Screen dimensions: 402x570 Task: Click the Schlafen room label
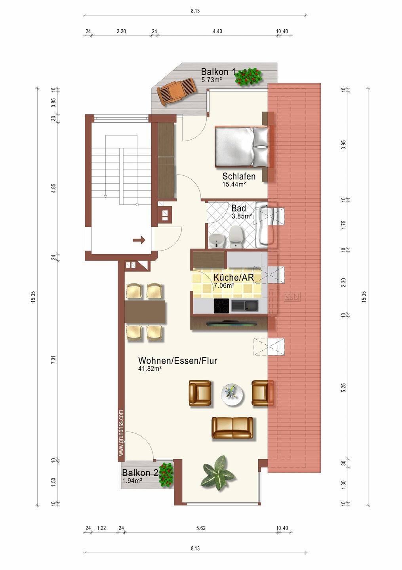point(239,176)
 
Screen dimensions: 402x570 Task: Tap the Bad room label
point(238,208)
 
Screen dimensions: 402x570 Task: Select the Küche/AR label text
point(233,277)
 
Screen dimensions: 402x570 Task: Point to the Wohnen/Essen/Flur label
point(178,361)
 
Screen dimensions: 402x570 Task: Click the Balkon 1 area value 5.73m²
point(211,80)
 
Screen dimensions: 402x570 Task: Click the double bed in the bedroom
point(242,147)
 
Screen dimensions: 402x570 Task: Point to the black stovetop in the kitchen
point(221,306)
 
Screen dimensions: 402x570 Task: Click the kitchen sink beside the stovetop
point(244,305)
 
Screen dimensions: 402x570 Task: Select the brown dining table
point(145,312)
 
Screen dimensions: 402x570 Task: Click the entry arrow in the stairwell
point(139,240)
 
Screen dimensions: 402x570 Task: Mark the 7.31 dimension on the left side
point(53,362)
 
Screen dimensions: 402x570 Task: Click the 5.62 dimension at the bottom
point(201,528)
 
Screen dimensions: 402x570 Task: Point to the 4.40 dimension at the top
point(217,31)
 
